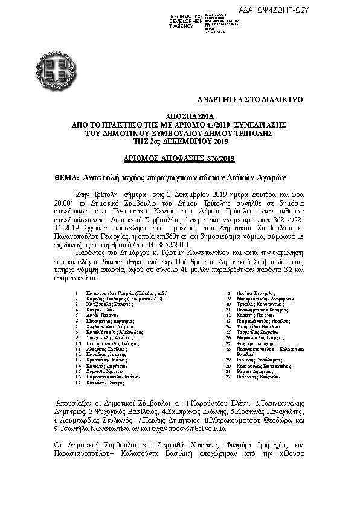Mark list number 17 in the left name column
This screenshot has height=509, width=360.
coord(77,382)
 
